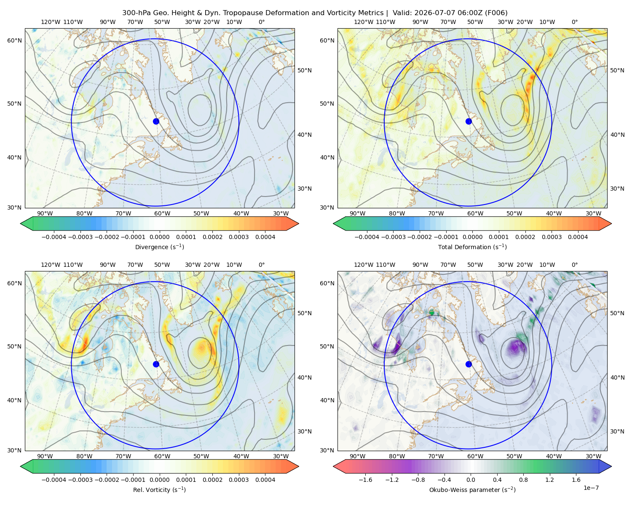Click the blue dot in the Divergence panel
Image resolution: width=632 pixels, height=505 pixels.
(156, 121)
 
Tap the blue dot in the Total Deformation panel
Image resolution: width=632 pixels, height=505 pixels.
(469, 121)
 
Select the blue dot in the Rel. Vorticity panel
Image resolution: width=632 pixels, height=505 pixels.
(156, 364)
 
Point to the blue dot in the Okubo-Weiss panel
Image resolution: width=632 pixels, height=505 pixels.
(469, 364)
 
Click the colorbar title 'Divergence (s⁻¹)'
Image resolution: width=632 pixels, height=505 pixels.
(159, 247)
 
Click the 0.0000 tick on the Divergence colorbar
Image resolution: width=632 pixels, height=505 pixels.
(159, 237)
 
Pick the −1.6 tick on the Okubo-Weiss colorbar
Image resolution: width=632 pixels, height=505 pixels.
(365, 479)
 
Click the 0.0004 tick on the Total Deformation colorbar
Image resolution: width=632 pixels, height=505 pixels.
(578, 237)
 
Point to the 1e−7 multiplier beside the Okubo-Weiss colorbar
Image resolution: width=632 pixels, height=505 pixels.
(591, 488)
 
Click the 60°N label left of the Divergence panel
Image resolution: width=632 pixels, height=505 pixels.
(14, 40)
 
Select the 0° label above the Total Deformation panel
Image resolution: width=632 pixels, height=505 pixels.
(574, 22)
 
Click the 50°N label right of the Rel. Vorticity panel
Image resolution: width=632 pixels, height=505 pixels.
(305, 313)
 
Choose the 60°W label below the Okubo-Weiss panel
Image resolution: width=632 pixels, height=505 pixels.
(475, 456)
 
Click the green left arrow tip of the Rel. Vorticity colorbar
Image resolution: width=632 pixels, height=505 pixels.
(21, 466)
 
